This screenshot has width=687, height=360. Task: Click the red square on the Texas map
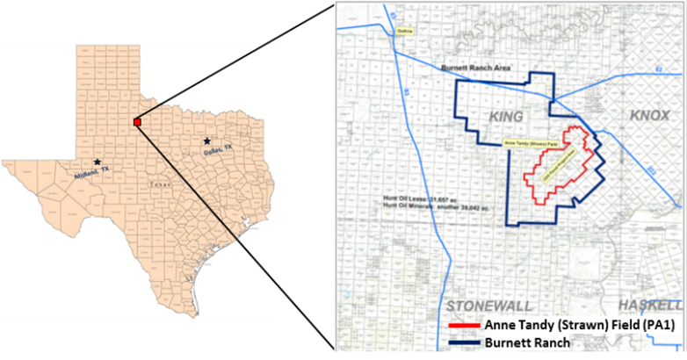coord(137,122)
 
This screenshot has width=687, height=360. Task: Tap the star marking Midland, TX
coord(97,162)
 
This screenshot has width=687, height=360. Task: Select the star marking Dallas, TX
coord(206,140)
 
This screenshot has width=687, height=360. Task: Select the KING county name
coord(505,117)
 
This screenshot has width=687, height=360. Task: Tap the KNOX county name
coord(650,116)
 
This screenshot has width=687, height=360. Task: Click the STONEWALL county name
coord(484,305)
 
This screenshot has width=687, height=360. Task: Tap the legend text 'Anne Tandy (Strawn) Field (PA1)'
coord(576,326)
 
